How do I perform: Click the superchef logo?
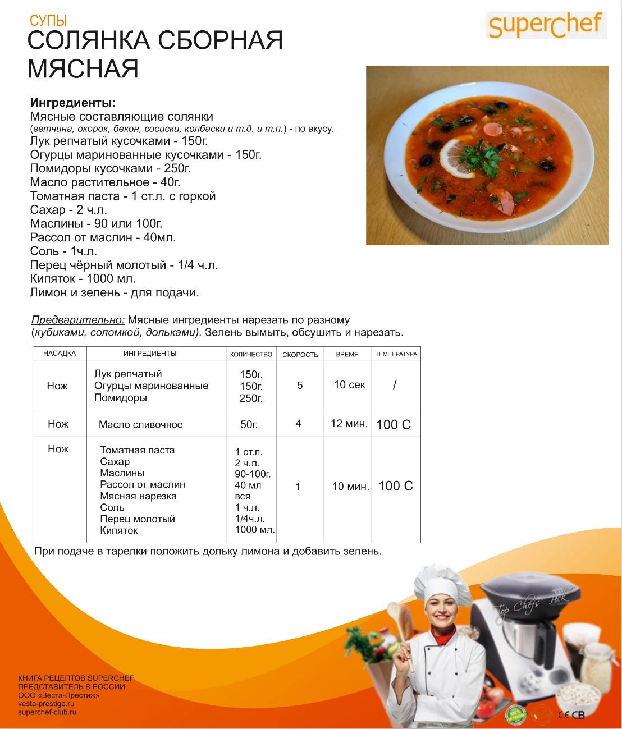point(545,26)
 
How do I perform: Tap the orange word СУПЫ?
point(48,21)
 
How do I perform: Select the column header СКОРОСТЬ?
point(300,355)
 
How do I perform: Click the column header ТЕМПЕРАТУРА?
point(396,354)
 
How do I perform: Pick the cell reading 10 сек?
point(349,385)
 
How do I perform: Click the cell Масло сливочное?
point(140,425)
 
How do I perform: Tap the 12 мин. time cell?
point(349,424)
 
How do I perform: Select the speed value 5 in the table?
point(300,386)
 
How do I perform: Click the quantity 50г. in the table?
point(249,425)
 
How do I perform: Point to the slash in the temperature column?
point(395,386)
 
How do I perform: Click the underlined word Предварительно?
point(78,320)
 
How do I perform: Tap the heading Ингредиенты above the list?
point(73,103)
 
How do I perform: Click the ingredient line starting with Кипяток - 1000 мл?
point(83,279)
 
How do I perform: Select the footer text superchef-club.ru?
point(47,712)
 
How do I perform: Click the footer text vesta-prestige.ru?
point(46,704)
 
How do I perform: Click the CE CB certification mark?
point(571,715)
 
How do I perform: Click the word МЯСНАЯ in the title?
point(83,68)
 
